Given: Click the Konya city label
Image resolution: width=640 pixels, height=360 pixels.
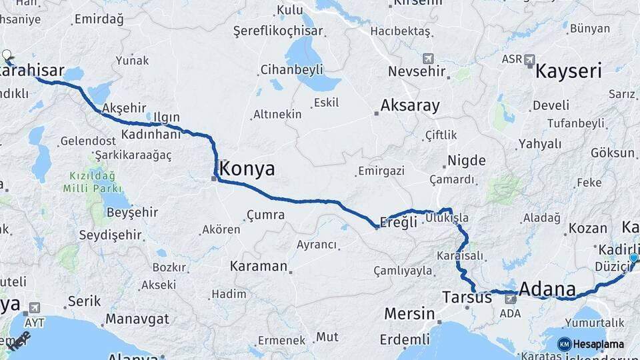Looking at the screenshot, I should coord(247,169).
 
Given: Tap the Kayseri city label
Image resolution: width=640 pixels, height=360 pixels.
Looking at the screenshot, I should coord(569,71).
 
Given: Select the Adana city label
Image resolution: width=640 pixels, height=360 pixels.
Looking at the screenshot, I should coord(547,289).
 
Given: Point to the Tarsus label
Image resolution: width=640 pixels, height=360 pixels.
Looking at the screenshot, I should coord(467,296).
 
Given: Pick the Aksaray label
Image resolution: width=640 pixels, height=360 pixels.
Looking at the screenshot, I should coord(410,105).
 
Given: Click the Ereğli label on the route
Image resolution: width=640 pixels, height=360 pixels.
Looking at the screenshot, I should coord(399,221).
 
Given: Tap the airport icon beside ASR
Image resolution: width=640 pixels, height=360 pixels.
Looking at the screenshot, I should coord(530,59).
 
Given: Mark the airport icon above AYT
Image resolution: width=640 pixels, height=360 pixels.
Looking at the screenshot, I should coord(33,307).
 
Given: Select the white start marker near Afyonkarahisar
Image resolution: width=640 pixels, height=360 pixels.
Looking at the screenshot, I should coord(7,56).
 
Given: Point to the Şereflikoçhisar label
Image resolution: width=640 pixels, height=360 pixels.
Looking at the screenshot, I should coord(278,31).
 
